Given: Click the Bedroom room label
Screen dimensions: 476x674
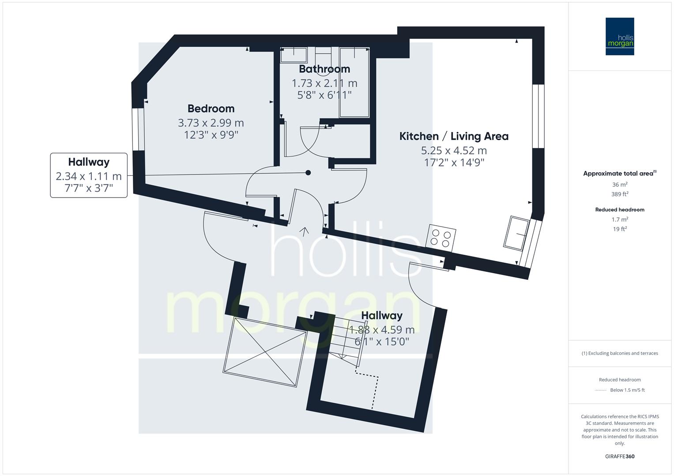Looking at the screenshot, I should [211, 108].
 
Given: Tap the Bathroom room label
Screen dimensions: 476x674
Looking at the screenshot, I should [324, 69].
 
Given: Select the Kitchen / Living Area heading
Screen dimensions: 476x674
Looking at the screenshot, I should [454, 136].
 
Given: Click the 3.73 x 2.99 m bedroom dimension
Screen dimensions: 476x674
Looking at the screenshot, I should [211, 123].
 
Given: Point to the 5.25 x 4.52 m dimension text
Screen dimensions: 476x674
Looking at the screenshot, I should [454, 150].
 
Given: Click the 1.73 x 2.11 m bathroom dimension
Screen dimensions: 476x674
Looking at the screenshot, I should [324, 83].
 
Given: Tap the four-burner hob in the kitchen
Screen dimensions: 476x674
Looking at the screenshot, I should [441, 238].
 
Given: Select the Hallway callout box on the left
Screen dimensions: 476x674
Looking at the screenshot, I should [89, 175].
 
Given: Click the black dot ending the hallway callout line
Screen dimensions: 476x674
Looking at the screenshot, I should [309, 173].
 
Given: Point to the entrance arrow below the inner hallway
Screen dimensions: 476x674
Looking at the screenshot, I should [304, 231].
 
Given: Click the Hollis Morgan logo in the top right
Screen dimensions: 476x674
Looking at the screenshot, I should [620, 36].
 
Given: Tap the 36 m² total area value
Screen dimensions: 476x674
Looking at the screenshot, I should [620, 185].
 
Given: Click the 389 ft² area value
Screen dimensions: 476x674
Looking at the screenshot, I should [620, 194].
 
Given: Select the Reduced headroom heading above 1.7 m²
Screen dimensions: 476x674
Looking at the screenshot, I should [620, 210].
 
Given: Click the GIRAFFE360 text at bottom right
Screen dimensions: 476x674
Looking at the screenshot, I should [620, 456].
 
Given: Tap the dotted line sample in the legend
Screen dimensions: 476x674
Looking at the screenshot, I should [601, 390].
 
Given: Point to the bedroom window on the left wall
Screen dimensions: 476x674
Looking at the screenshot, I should [139, 128].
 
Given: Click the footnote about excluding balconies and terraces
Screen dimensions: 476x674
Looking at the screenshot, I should [620, 353].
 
